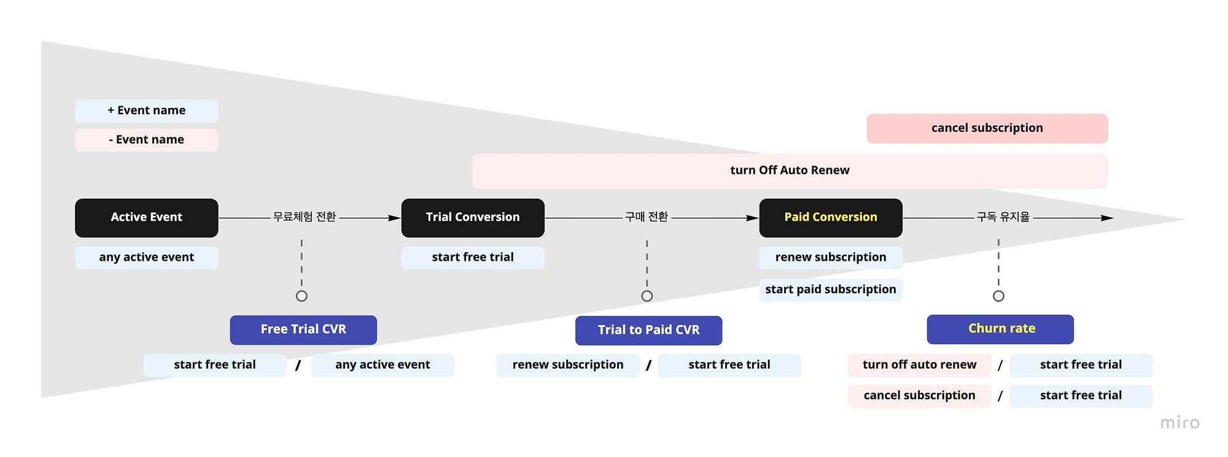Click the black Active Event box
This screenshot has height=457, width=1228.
click(x=147, y=218)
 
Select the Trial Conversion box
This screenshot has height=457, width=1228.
click(x=473, y=218)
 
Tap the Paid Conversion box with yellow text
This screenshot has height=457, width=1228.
click(x=831, y=218)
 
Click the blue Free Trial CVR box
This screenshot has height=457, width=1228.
click(x=303, y=330)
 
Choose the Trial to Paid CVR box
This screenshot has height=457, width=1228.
click(x=648, y=331)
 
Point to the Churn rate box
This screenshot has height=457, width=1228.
click(x=1000, y=329)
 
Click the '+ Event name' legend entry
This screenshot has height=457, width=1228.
click(x=147, y=111)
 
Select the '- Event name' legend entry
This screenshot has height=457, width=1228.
click(x=147, y=140)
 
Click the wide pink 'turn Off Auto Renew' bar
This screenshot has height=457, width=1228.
click(x=790, y=171)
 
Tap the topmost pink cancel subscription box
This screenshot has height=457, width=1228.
click(x=987, y=129)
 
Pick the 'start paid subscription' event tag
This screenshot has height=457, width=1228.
click(x=831, y=290)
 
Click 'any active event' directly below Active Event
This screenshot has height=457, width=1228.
click(x=147, y=258)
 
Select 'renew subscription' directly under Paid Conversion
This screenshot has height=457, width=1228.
click(x=831, y=258)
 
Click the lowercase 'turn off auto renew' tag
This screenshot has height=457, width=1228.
click(x=920, y=365)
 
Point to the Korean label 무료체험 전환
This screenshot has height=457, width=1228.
click(x=305, y=217)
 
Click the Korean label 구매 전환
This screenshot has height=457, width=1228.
click(x=647, y=217)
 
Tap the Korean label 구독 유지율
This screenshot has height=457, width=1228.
click(x=1003, y=217)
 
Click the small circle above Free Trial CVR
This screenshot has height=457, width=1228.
click(x=301, y=296)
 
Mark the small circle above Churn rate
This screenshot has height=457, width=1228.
click(x=998, y=296)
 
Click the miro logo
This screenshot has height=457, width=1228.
click(x=1179, y=423)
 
